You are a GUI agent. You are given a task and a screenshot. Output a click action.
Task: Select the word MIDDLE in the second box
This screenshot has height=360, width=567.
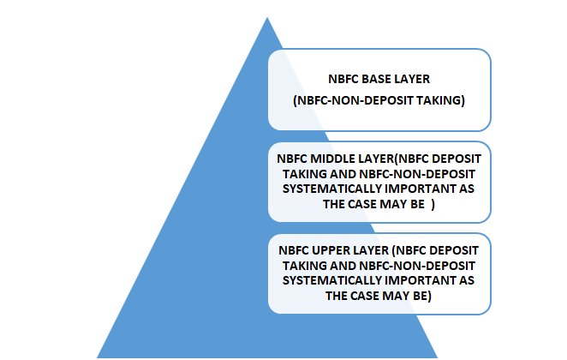tap(332, 159)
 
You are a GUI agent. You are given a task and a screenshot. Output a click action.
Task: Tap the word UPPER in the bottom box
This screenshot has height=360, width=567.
tap(331, 250)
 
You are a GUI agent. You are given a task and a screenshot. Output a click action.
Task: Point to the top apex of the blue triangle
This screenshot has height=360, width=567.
tap(267, 17)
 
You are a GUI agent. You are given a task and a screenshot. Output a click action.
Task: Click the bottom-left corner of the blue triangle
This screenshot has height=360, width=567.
tap(97, 357)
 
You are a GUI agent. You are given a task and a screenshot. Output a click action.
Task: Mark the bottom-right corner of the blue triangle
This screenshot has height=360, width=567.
tap(438, 357)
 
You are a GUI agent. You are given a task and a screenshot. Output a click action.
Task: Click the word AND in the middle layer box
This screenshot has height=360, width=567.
tap(343, 174)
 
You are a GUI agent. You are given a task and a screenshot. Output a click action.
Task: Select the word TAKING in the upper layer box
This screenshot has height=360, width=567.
tap(305, 266)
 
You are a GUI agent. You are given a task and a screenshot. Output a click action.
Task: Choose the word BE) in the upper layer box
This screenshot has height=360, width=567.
tap(422, 296)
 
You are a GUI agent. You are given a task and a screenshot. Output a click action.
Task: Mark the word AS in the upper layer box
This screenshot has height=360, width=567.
tap(467, 280)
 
